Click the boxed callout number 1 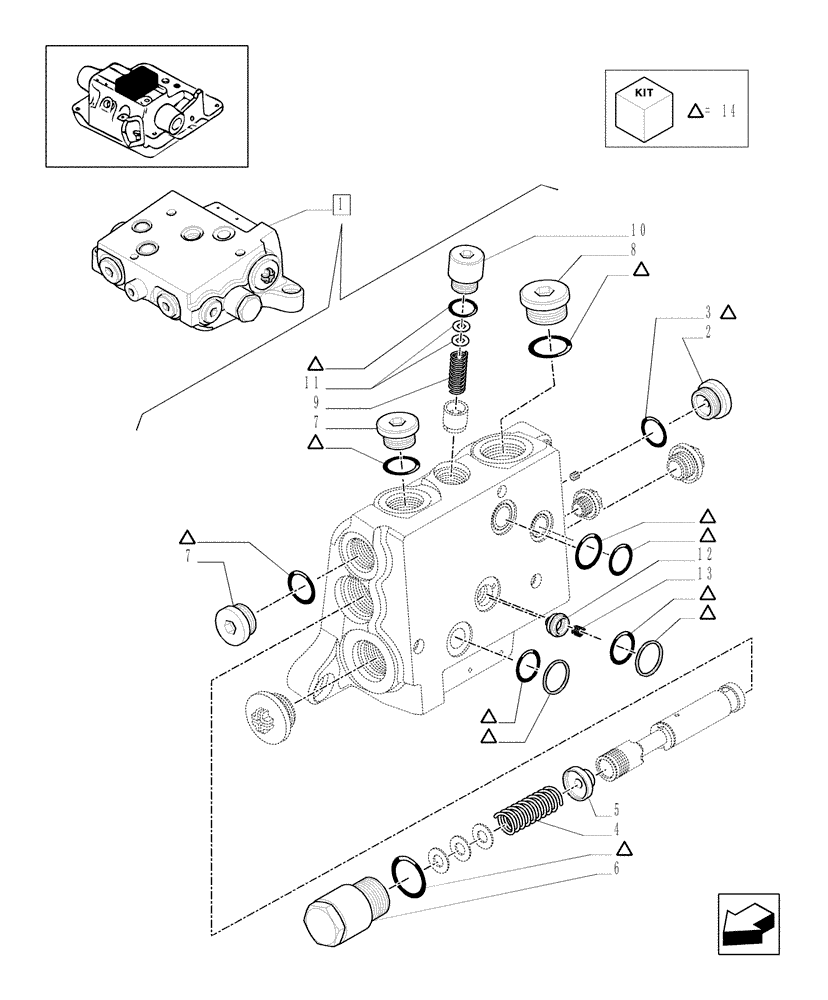342,206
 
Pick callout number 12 706,553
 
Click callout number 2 707,328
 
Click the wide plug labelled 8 541,300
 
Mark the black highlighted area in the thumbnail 137,78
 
